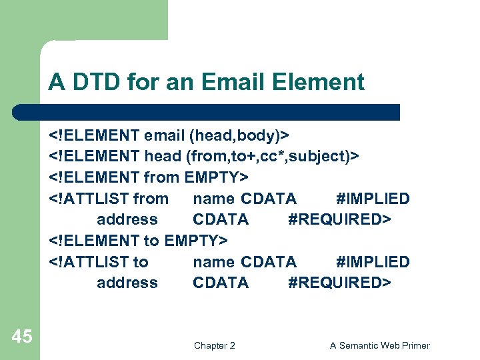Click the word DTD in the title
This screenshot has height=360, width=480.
[x=90, y=83]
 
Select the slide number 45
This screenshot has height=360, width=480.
[x=22, y=337]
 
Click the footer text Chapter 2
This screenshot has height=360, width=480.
[x=214, y=345]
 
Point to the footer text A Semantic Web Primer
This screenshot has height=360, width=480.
[x=380, y=345]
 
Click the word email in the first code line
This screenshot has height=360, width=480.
[x=164, y=135]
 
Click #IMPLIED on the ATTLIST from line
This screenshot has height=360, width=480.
[x=373, y=199]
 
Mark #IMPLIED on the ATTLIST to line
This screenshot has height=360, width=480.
[x=373, y=261]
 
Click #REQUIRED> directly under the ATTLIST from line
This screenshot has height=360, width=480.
[x=339, y=219]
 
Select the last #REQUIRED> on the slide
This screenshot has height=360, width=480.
[x=339, y=283]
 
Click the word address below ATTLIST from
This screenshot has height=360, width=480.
[x=127, y=219]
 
